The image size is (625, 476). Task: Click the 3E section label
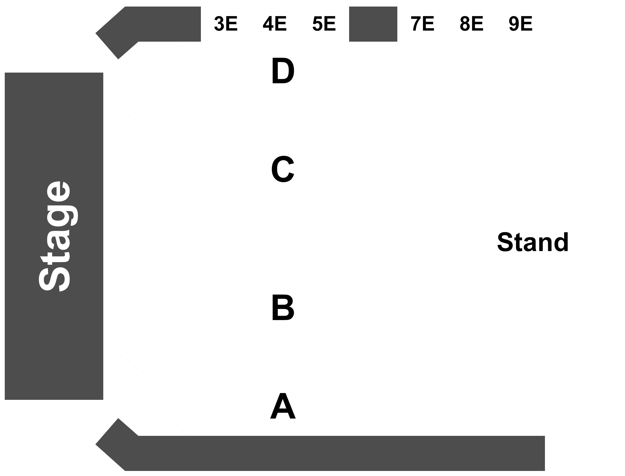226,24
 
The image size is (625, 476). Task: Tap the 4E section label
274,24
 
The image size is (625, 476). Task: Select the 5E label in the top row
324,24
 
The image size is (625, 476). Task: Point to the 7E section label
422,24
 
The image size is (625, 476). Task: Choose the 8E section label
471,24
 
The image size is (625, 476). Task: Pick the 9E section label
521,24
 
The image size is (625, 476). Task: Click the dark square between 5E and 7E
373,24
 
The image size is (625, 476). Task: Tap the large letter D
283,71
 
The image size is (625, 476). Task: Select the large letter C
283,169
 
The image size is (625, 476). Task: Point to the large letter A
283,406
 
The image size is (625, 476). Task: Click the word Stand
533,242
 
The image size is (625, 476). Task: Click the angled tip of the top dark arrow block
96,33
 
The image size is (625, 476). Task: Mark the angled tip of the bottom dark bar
96,444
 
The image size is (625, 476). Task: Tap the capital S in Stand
506,242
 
